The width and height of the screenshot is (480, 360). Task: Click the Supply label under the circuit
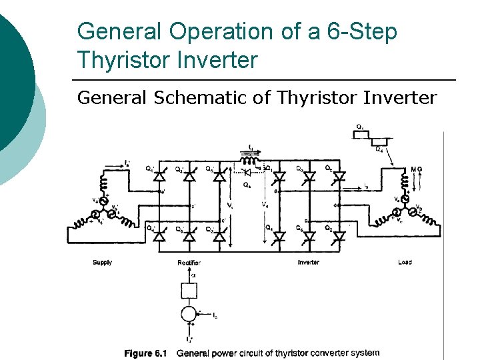pos(102,263)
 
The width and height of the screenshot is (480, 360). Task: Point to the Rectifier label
pos(189,263)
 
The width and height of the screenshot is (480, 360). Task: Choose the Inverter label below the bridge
pos(308,263)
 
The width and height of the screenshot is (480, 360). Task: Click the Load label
pos(404,263)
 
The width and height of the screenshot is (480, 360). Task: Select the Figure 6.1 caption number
pos(148,353)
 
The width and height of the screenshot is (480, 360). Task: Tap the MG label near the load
pos(418,169)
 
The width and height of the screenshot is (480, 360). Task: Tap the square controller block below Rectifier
pos(189,290)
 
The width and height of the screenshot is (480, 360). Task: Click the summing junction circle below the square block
pos(189,313)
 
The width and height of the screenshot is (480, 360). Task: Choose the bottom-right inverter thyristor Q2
pos(339,235)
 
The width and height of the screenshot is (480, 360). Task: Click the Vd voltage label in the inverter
pos(265,205)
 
